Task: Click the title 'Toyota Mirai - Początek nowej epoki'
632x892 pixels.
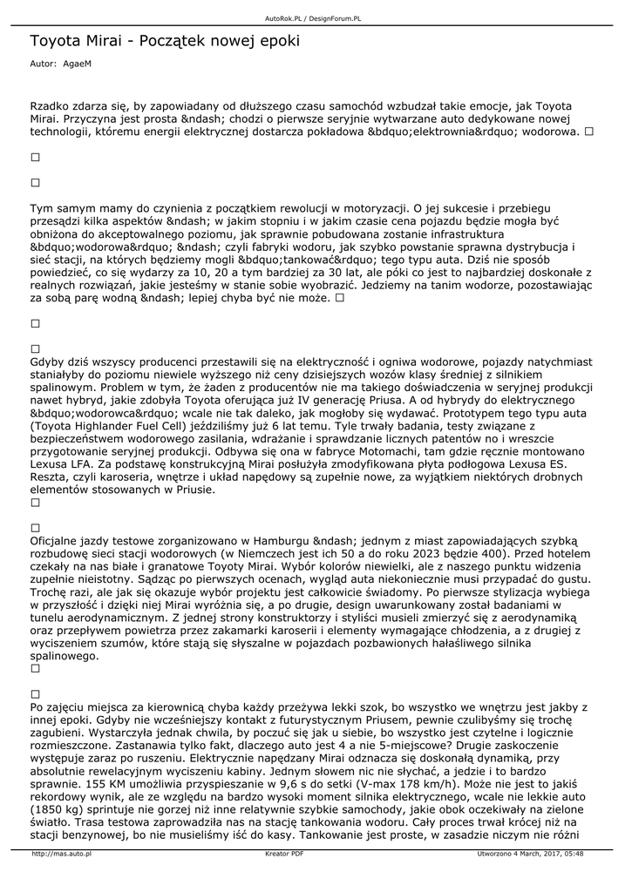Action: pos(165,42)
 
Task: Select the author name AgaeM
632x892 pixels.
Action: pos(78,64)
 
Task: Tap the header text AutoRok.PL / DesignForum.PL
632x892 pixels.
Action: pos(313,17)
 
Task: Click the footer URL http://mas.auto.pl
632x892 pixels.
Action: pos(62,855)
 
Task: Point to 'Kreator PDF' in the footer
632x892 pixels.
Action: pos(284,855)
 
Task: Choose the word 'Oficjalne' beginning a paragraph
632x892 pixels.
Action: pos(59,540)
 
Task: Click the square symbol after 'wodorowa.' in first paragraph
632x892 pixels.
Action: pos(589,132)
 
